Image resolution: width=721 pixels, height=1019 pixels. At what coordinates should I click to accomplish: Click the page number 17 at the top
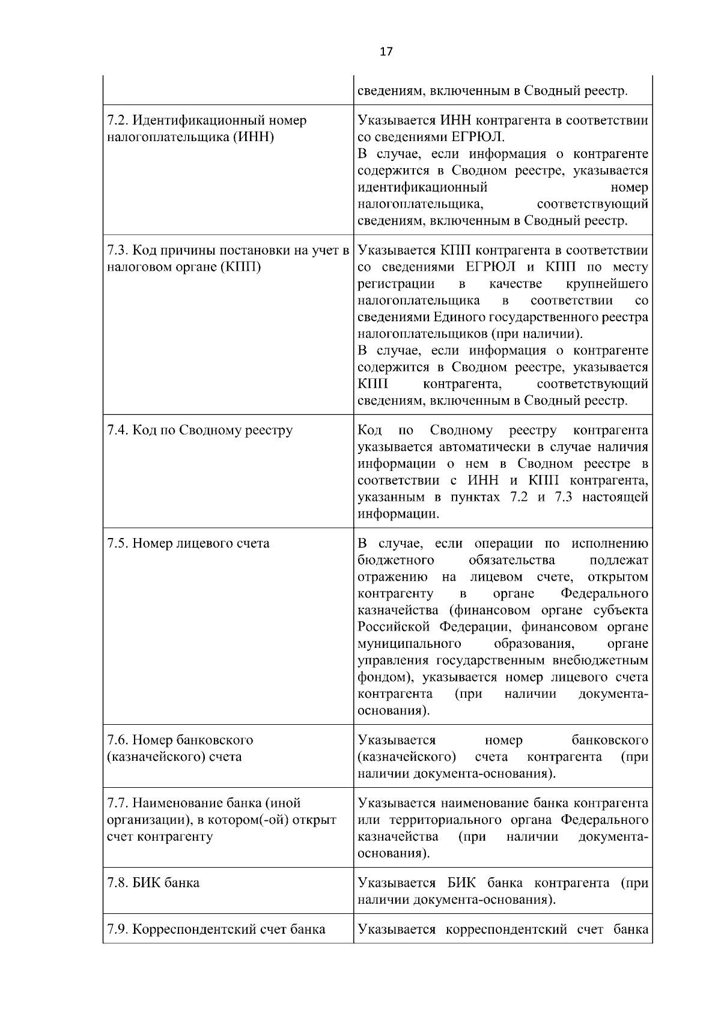[x=386, y=52]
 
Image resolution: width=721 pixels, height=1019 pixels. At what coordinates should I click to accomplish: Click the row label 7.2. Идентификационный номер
[x=207, y=121]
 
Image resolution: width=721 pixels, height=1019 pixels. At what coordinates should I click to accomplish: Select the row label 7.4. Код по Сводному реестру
[x=199, y=431]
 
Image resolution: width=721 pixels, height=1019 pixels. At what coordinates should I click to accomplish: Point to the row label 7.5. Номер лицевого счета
[x=188, y=543]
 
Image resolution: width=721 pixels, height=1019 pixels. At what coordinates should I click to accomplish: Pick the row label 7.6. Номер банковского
[x=180, y=740]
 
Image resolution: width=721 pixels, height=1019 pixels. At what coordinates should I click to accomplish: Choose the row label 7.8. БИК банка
[x=153, y=883]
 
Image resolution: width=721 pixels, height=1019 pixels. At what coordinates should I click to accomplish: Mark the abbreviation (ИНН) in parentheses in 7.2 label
[x=254, y=137]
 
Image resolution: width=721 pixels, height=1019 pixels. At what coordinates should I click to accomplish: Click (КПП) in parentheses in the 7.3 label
[x=241, y=267]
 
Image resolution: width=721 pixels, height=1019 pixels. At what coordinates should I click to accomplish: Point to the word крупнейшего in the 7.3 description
[x=607, y=283]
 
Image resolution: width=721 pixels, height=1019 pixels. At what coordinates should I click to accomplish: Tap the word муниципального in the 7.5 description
[x=409, y=644]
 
